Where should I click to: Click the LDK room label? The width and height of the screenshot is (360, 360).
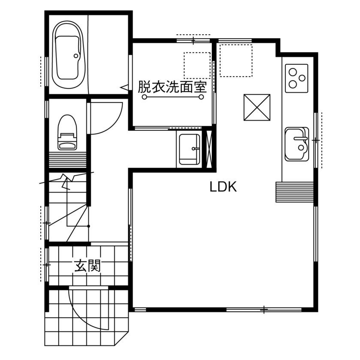[223, 187]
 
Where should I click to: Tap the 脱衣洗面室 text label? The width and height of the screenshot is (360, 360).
[172, 87]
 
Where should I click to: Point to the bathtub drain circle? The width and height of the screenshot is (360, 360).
[76, 56]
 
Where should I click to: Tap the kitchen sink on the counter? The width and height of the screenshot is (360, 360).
[296, 143]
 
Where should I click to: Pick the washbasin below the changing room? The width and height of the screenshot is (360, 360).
[189, 149]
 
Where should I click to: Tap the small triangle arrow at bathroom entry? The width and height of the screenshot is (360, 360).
[124, 87]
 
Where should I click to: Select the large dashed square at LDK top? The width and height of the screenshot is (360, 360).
[236, 60]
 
